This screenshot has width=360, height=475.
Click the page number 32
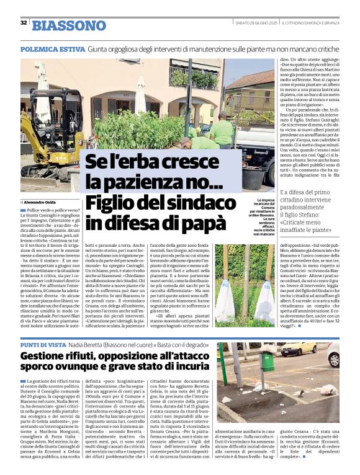coord(23,22)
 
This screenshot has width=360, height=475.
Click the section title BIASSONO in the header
coord(69,25)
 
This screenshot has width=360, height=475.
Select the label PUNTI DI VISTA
coord(45,344)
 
